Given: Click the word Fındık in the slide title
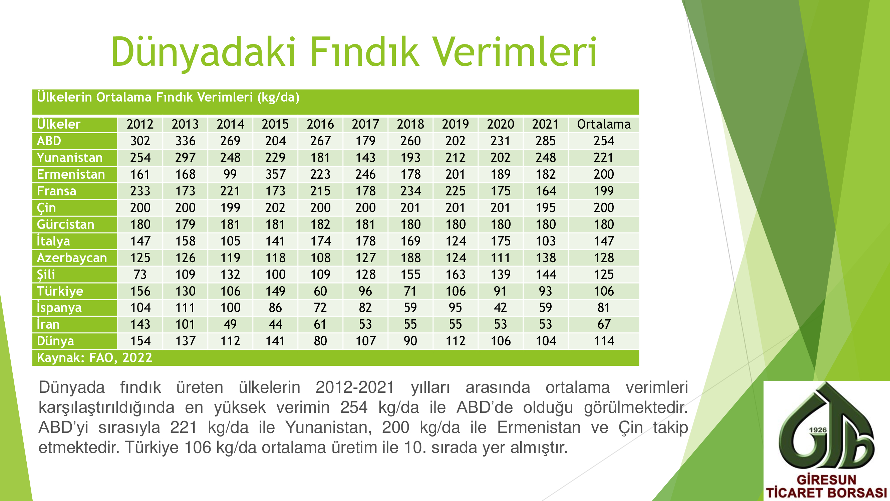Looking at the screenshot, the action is pos(365,52).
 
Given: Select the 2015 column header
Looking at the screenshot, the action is pos(275,124).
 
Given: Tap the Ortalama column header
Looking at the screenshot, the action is pos(604,124).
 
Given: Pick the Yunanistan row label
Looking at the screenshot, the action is pos(70,158).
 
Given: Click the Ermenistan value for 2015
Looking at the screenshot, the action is pos(275,174).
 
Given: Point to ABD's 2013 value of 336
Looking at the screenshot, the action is pos(185,141).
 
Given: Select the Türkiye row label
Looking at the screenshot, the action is pos(60,291).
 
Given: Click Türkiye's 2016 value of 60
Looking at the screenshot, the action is pos(320,291).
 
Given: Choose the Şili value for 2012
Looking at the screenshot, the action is pos(140,275).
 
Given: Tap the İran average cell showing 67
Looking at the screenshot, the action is pos(604,324).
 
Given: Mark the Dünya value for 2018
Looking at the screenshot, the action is pos(410,341).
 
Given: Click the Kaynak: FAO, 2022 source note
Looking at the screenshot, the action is pos(94,357).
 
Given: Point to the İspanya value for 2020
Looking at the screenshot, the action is pos(500,308).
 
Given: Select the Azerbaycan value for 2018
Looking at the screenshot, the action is pos(410,258).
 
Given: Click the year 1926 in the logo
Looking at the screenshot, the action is pos(818,430).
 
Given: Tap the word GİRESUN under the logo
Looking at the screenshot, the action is pos(826,480).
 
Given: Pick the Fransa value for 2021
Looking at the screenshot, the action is pos(546,191).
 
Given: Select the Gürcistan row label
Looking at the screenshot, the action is pos(66,224).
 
